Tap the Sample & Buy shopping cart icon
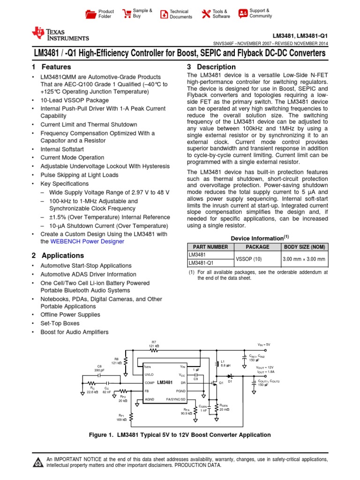(x=127, y=14)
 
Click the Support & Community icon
(x=243, y=14)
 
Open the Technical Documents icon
(x=164, y=14)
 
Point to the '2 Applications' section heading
(x=58, y=255)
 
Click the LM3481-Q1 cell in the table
(x=201, y=263)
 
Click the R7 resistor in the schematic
(x=154, y=349)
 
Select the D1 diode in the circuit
(x=230, y=376)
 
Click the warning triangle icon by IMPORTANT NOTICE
(x=37, y=462)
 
